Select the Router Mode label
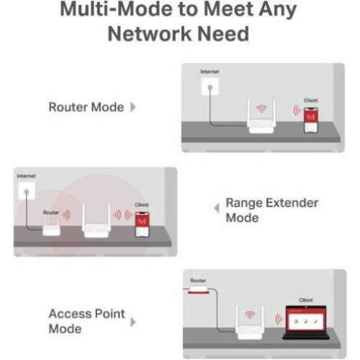pyautogui.click(x=86, y=107)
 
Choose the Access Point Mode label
pyautogui.click(x=86, y=320)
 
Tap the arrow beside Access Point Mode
pyautogui.click(x=132, y=321)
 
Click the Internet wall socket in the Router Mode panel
pyautogui.click(x=209, y=87)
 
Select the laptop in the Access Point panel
pyautogui.click(x=305, y=323)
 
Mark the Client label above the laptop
pyautogui.click(x=305, y=300)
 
